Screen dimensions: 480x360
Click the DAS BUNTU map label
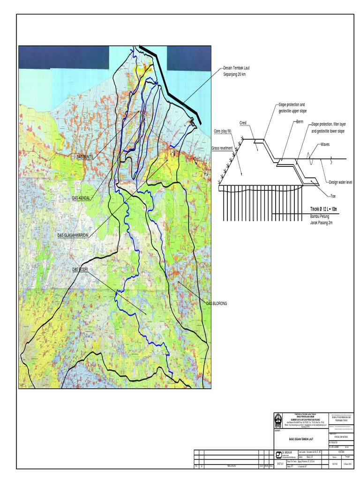click(x=85, y=157)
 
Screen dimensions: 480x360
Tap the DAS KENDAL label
click(x=81, y=198)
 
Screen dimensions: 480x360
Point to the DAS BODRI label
click(x=80, y=270)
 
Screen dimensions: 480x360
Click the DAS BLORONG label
click(x=217, y=304)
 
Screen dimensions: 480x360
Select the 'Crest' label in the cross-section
click(x=243, y=123)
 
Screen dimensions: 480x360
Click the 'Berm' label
click(x=300, y=121)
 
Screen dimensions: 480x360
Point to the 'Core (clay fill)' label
click(x=223, y=131)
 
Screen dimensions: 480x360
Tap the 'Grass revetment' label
click(x=222, y=148)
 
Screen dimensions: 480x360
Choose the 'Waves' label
click(x=325, y=144)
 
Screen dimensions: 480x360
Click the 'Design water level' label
click(x=340, y=182)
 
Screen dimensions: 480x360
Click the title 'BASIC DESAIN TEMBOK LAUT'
click(x=294, y=439)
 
